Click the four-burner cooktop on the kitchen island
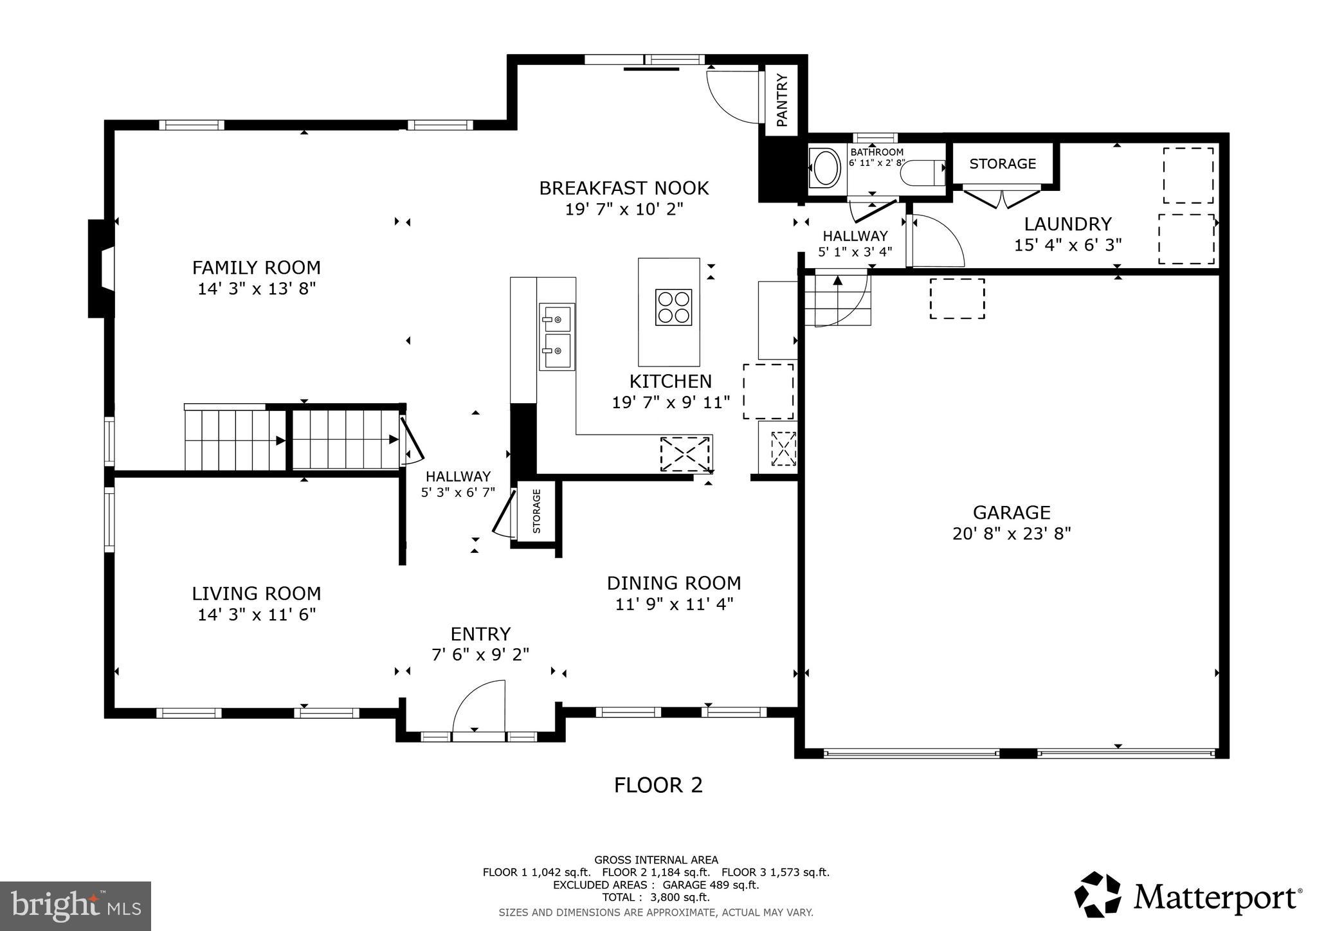673,307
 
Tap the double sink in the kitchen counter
556,336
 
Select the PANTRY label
781,100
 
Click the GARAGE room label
1011,512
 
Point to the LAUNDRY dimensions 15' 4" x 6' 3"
1067,245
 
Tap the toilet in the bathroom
922,173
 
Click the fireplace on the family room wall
101,269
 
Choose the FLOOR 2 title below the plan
658,785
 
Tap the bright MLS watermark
76,906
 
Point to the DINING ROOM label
673,583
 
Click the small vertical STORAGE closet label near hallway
537,511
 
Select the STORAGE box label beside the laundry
1002,164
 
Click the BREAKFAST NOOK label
623,188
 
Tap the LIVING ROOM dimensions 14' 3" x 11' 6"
256,615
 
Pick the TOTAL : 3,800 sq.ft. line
655,898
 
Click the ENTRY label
480,634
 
